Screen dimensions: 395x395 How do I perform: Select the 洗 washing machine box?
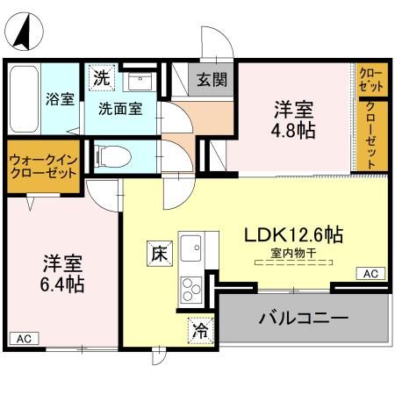(103, 76)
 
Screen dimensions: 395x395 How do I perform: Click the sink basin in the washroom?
(139, 81)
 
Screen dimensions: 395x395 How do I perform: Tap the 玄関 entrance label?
(212, 80)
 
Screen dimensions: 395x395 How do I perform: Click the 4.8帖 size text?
(294, 129)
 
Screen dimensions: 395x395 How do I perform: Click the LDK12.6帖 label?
(293, 234)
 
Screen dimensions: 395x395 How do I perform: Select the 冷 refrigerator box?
(200, 331)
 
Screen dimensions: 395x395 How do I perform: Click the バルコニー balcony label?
(304, 317)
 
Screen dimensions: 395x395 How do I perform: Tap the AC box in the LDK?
(371, 274)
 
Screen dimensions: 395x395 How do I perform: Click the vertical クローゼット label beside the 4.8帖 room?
(371, 137)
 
